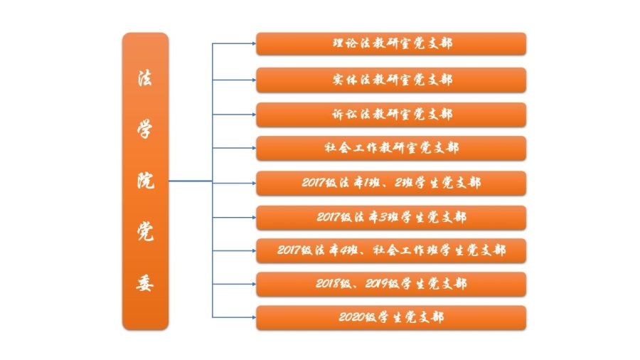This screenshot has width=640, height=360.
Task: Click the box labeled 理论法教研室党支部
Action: [391, 43]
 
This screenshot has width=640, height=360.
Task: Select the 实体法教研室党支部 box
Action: [391, 80]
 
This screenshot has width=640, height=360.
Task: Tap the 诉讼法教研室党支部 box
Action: [391, 115]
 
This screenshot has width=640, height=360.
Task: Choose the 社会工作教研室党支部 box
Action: [391, 148]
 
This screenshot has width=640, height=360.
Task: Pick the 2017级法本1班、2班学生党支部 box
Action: [391, 184]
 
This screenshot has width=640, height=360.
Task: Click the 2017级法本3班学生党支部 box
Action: [391, 218]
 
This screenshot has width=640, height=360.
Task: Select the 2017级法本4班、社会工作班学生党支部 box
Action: [391, 250]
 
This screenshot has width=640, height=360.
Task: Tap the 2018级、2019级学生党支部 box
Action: [391, 284]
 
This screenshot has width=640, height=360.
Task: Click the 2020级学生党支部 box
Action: [391, 317]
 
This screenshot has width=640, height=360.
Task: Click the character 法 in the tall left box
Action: [145, 78]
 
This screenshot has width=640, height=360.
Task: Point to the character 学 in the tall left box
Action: [145, 129]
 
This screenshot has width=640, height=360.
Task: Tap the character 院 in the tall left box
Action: [145, 181]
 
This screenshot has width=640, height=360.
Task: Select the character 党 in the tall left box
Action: [145, 231]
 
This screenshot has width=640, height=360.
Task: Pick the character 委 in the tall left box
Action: [145, 283]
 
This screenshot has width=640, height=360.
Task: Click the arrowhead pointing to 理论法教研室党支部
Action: [254, 43]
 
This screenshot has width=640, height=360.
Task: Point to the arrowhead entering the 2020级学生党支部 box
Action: [254, 317]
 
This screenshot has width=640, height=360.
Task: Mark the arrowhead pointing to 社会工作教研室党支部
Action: [254, 148]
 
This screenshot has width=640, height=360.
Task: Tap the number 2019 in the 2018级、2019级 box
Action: [378, 284]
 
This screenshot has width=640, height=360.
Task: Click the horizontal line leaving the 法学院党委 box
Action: [191, 181]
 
